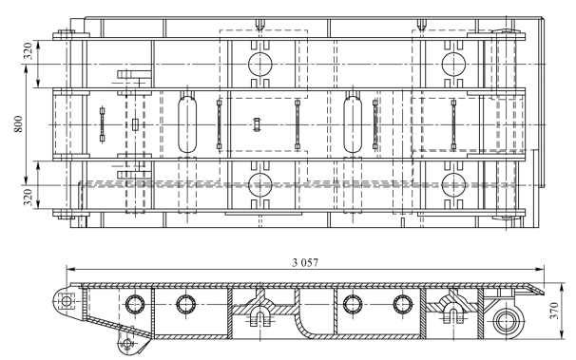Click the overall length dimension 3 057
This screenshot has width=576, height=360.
click(305, 262)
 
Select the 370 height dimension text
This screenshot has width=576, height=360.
click(554, 311)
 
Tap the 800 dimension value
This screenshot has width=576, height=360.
click(19, 124)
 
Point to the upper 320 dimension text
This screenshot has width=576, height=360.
click(29, 51)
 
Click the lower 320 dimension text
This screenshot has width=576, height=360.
click(29, 197)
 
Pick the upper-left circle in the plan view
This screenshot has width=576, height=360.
click(260, 65)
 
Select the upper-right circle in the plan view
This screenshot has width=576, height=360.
click(453, 65)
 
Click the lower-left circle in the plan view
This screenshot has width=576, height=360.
click(260, 185)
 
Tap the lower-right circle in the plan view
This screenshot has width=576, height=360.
click(453, 185)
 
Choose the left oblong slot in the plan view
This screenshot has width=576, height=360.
click(187, 124)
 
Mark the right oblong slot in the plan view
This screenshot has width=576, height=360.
click(353, 124)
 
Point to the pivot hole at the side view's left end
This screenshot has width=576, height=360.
click(67, 302)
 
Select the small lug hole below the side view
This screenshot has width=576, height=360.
click(127, 344)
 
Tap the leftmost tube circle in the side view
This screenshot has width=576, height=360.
click(135, 304)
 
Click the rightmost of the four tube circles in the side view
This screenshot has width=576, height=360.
click(403, 304)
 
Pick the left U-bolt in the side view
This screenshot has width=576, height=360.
click(260, 318)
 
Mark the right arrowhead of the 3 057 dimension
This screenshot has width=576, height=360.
click(539, 270)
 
